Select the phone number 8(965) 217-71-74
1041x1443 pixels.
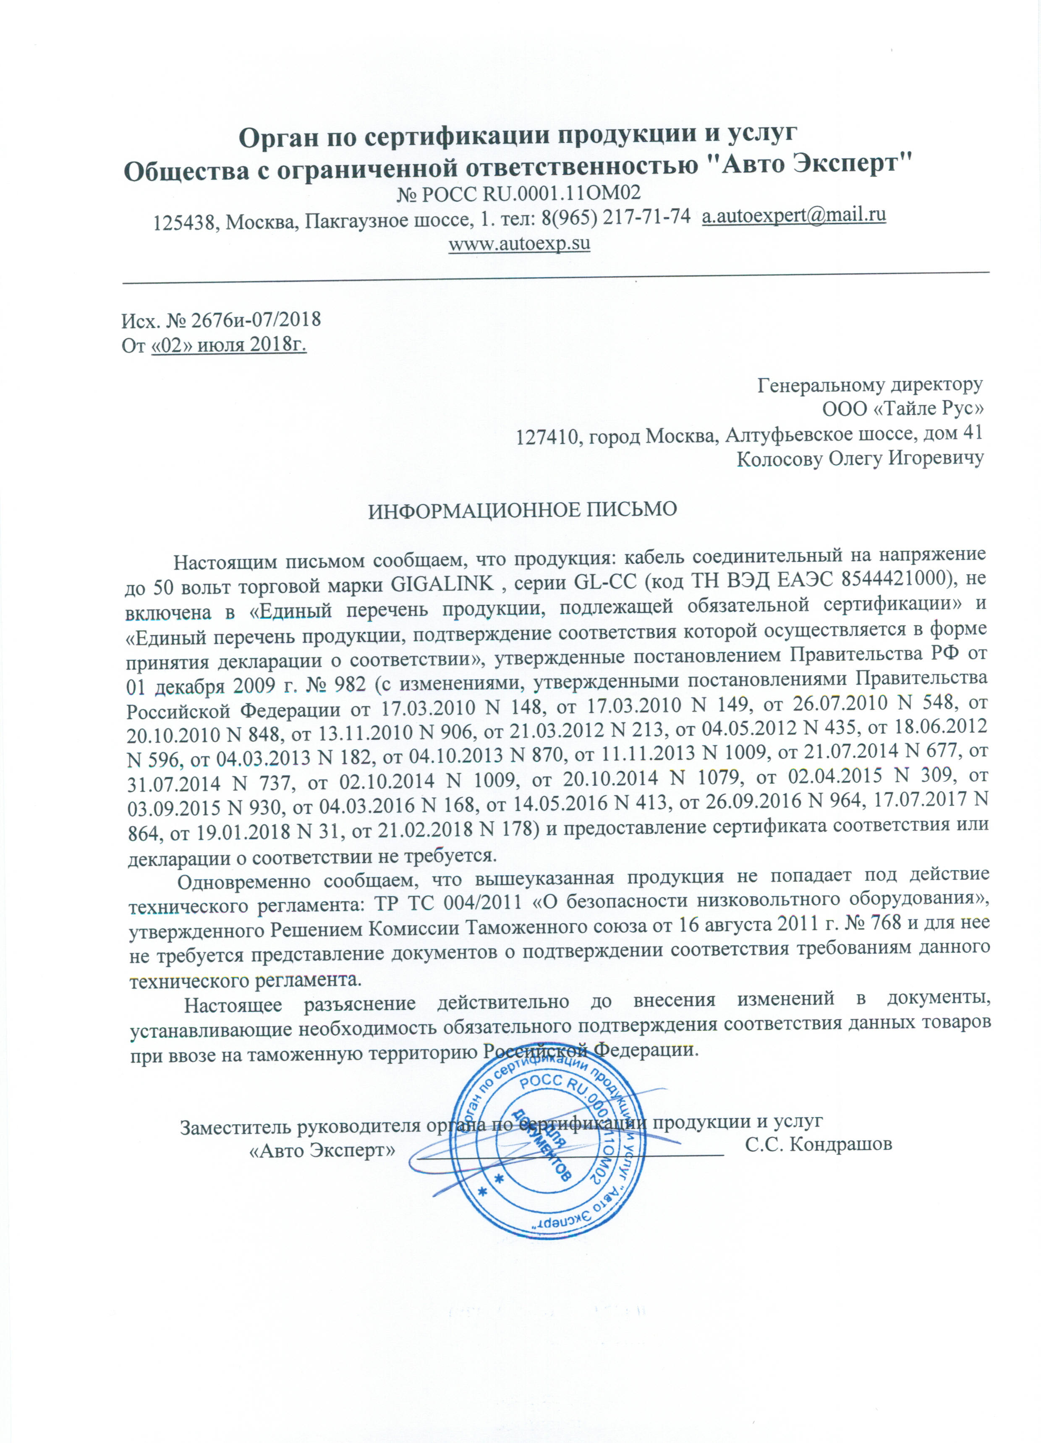tap(615, 217)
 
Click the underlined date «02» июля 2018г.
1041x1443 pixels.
tap(229, 346)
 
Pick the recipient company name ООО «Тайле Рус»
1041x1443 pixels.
tap(903, 408)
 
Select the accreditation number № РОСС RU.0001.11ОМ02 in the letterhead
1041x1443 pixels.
tap(518, 192)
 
